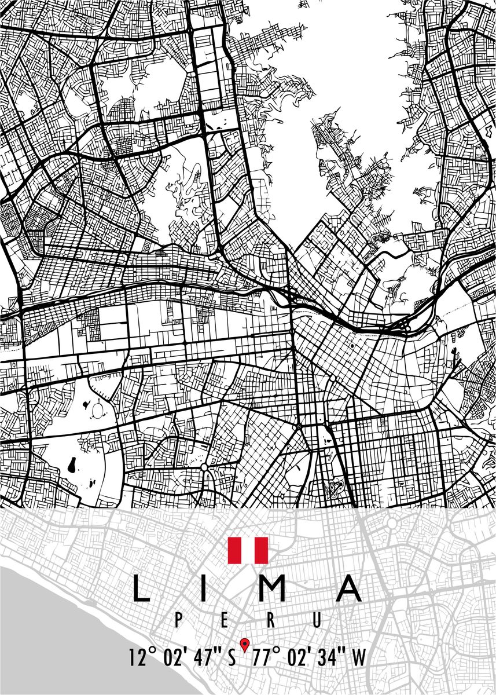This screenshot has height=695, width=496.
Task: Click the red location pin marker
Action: [x=245, y=643]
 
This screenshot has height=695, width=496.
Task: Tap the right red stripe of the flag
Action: [x=261, y=550]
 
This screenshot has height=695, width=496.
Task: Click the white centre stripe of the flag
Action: [x=248, y=550]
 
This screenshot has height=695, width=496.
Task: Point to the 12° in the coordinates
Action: [x=142, y=658]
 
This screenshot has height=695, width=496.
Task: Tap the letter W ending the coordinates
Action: [x=359, y=658]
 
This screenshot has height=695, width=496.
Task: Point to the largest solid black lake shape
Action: [x=72, y=464]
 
